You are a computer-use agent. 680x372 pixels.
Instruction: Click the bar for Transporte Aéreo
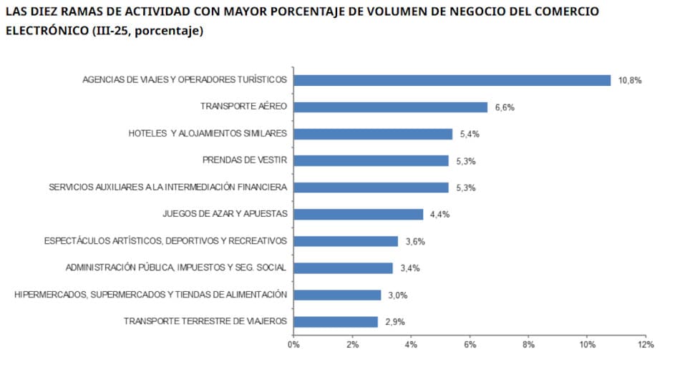click(390, 107)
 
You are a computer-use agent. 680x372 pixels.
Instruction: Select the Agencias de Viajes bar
click(452, 80)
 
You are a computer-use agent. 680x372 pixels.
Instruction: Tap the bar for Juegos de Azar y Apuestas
click(358, 215)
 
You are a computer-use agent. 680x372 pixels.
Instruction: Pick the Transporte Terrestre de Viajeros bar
click(335, 322)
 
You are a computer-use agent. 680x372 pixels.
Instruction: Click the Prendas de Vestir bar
click(371, 161)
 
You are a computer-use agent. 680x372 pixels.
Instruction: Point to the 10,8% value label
click(631, 81)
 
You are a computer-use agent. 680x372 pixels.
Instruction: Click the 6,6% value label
click(505, 107)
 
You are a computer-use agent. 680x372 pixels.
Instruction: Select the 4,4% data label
click(439, 215)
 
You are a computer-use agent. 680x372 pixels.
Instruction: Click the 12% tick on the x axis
click(645, 345)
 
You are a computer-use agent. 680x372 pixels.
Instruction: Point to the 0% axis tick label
click(293, 345)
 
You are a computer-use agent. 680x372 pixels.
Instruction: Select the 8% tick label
click(528, 345)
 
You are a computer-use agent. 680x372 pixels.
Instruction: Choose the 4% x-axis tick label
click(411, 345)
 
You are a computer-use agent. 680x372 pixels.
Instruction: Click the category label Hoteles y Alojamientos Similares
click(208, 134)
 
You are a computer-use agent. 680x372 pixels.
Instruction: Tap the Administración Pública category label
click(176, 268)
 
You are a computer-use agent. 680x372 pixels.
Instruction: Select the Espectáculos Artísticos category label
click(165, 241)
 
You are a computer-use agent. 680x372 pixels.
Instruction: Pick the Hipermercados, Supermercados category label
click(150, 295)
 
